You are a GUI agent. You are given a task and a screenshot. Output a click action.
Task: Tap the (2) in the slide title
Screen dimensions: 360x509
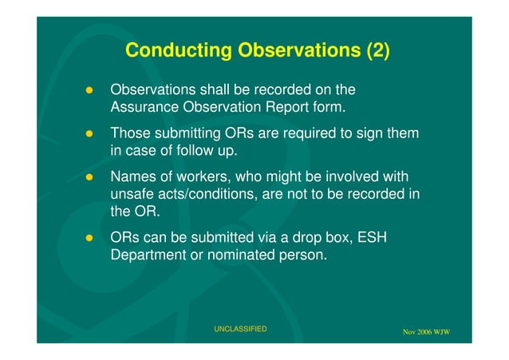[378, 51]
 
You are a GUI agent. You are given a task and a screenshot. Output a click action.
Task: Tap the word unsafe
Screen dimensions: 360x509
[134, 194]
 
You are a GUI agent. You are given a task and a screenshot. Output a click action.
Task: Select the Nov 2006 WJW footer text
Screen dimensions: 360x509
[426, 331]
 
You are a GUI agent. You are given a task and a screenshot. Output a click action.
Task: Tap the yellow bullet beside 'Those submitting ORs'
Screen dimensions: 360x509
[90, 133]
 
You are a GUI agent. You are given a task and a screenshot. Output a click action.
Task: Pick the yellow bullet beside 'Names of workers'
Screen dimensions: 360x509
[90, 176]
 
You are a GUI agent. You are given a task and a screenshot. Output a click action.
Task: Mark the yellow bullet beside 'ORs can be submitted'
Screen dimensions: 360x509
[90, 239]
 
